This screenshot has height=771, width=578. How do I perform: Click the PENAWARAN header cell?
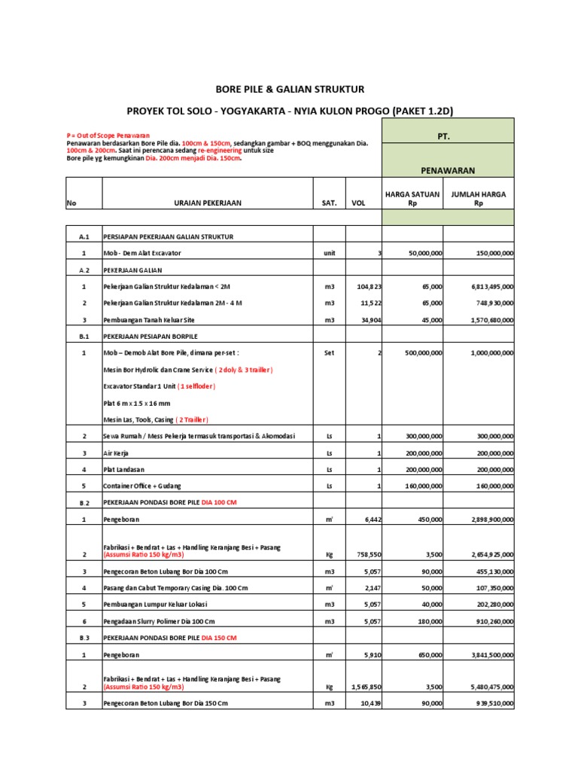click(x=449, y=170)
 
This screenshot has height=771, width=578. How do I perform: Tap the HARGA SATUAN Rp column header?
click(x=412, y=199)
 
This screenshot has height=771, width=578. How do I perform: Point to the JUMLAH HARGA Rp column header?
click(x=478, y=199)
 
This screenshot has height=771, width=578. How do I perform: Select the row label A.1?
click(x=84, y=236)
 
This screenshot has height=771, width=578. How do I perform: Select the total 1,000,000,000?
click(x=482, y=352)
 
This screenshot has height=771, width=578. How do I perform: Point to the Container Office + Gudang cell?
click(x=144, y=486)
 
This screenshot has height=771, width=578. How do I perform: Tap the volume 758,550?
click(x=368, y=554)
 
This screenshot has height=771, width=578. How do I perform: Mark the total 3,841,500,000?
click(x=482, y=654)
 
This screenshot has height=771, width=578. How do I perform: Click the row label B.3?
click(x=84, y=638)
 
